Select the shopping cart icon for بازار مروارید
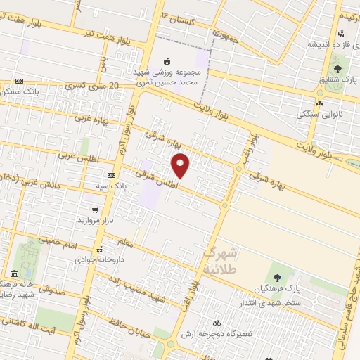coord(95,210)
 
